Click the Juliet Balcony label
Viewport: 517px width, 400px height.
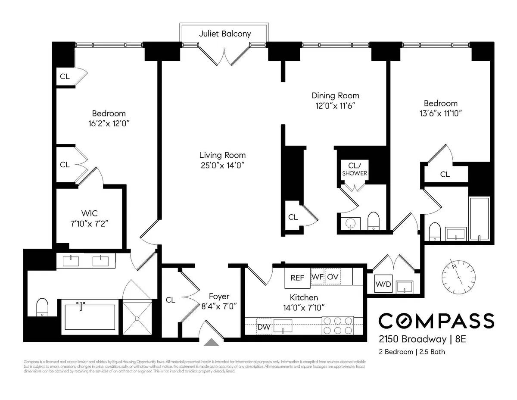(x=224, y=34)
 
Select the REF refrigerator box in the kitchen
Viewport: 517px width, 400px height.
(x=297, y=278)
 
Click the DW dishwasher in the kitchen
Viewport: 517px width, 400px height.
(x=264, y=327)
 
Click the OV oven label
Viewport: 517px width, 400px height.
(x=332, y=277)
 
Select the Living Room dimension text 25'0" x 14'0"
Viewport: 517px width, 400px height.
(x=222, y=165)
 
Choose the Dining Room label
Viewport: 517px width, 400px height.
(x=335, y=96)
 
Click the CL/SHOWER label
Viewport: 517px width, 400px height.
(x=355, y=169)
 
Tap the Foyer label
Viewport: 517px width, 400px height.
(x=219, y=297)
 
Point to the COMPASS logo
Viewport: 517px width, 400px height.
(x=436, y=321)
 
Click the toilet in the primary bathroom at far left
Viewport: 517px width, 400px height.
(x=42, y=307)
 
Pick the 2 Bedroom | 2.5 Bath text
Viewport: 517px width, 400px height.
(x=411, y=352)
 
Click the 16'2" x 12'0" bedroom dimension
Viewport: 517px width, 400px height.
(x=109, y=123)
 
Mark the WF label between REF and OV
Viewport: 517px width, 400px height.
(x=317, y=277)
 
